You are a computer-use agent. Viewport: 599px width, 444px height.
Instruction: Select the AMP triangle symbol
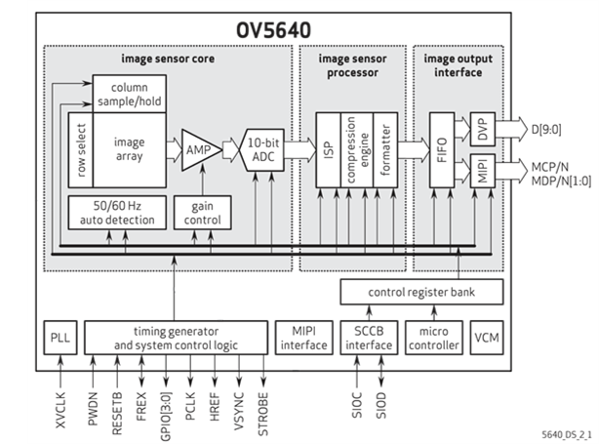click(x=197, y=150)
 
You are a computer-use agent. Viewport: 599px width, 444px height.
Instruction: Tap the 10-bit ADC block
click(x=263, y=148)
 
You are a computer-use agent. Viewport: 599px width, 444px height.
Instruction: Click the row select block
click(x=78, y=151)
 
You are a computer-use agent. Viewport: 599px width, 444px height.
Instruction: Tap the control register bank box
click(x=422, y=291)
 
